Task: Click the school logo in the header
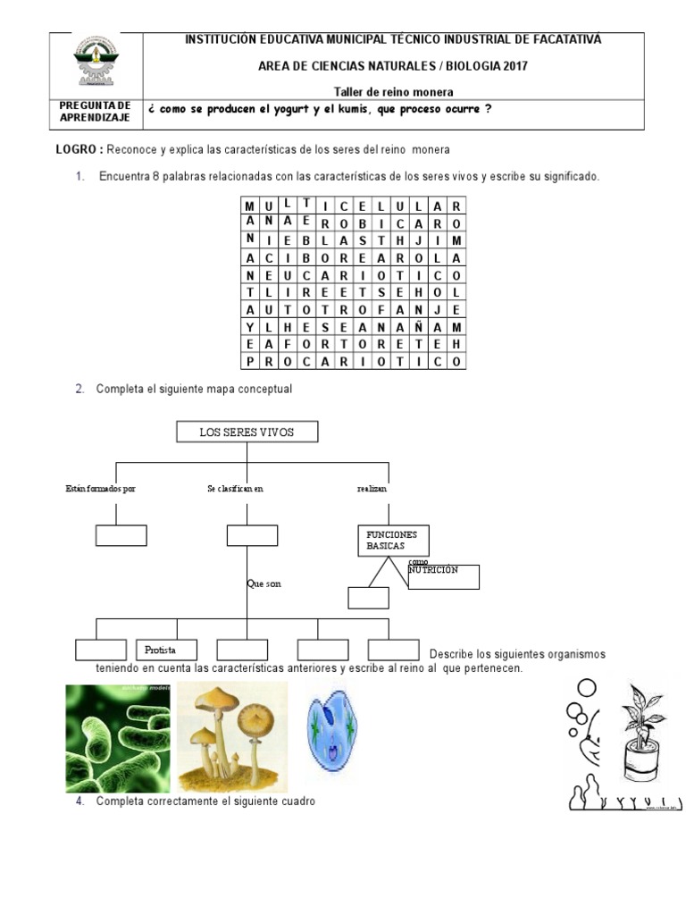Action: click(96, 62)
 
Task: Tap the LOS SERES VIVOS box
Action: click(247, 432)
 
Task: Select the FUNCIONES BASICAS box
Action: click(392, 541)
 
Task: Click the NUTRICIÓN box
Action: click(443, 576)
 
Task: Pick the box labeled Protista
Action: click(166, 650)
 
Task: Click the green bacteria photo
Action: click(118, 737)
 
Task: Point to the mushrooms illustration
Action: click(232, 737)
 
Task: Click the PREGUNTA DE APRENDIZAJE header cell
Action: click(96, 112)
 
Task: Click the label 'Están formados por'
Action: click(100, 489)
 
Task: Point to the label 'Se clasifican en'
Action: click(235, 489)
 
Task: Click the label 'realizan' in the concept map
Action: click(372, 489)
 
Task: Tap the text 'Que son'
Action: click(264, 583)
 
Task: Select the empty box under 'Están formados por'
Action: click(121, 535)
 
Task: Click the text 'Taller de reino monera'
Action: click(393, 91)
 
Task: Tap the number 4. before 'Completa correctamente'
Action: click(79, 801)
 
